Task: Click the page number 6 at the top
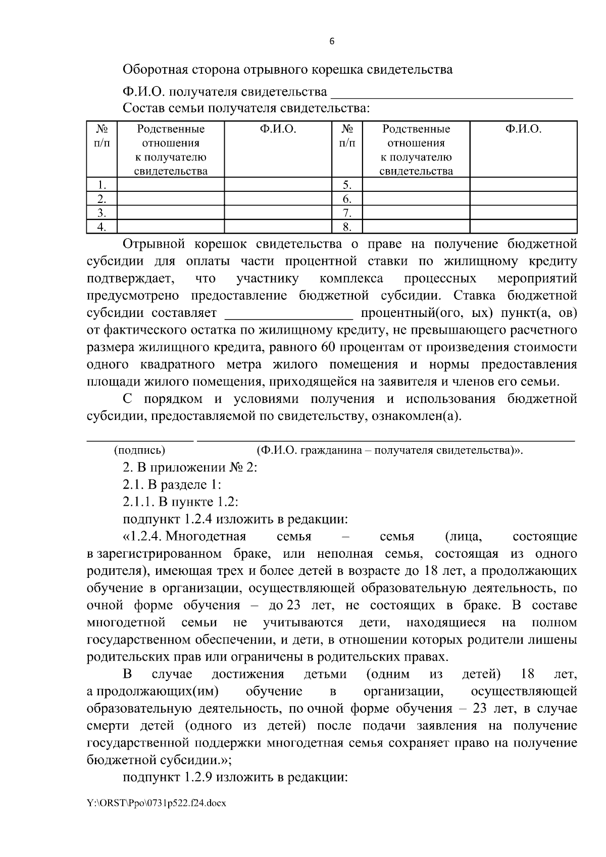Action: pyautogui.click(x=331, y=42)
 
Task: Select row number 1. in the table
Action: pyautogui.click(x=102, y=185)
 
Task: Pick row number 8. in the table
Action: pyautogui.click(x=347, y=227)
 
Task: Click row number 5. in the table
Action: pyautogui.click(x=347, y=185)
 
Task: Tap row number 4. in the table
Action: pyautogui.click(x=102, y=227)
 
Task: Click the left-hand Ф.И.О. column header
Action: pyautogui.click(x=278, y=129)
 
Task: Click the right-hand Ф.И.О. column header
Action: pyautogui.click(x=523, y=129)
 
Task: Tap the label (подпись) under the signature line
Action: pyautogui.click(x=140, y=450)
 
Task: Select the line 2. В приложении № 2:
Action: pyautogui.click(x=190, y=467)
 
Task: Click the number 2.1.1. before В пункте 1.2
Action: pyautogui.click(x=139, y=502)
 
